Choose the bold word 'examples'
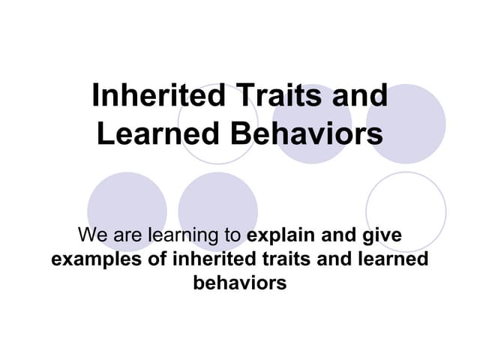(x=91, y=260)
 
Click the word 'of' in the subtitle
(x=152, y=259)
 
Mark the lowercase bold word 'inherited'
(x=209, y=259)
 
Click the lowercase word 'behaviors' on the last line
(x=239, y=283)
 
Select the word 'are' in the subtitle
(x=127, y=236)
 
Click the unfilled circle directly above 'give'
(x=406, y=202)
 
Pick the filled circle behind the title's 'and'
(x=406, y=124)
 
